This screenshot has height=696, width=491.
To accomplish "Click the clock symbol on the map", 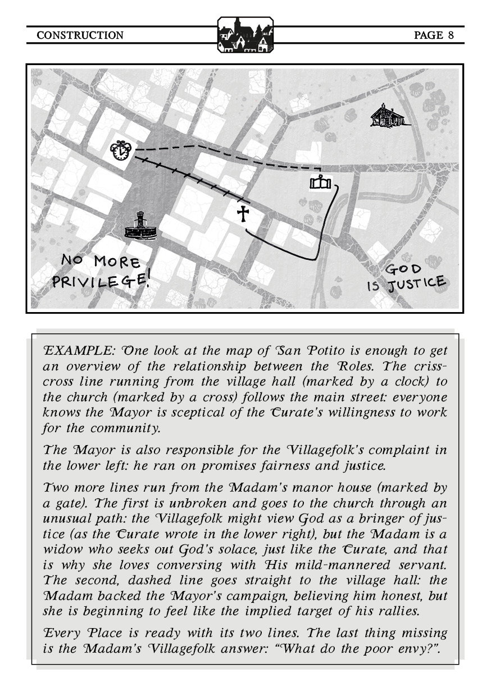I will tap(121, 150).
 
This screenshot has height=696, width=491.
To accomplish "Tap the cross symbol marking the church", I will tap(243, 214).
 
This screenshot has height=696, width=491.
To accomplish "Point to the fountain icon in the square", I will tap(139, 227).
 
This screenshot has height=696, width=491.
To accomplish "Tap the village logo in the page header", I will tap(245, 35).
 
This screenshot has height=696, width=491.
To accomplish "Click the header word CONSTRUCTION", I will tap(80, 35).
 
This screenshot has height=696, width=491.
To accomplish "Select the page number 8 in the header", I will tap(451, 35).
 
